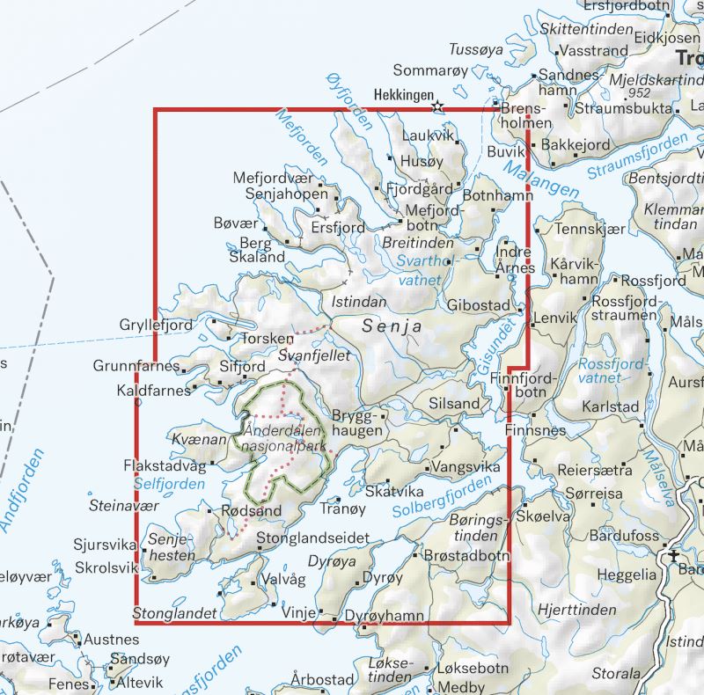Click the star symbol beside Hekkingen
[x=437, y=106]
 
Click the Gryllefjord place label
[x=156, y=326]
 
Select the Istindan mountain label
[x=359, y=302]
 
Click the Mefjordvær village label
[x=273, y=178]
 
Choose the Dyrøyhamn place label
[x=384, y=616]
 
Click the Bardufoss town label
[x=625, y=534]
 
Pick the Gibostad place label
[x=479, y=304]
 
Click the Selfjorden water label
[x=169, y=484]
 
